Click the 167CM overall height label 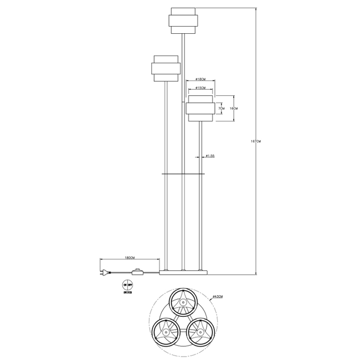255,142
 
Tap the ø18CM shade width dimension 200,79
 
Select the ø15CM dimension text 200,88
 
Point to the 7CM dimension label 222,109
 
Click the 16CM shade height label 233,109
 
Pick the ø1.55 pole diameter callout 209,156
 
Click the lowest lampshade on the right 199,109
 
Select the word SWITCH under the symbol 127,294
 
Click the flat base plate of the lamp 182,273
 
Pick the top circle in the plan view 182,302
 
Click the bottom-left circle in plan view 165,332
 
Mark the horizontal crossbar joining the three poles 182,173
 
